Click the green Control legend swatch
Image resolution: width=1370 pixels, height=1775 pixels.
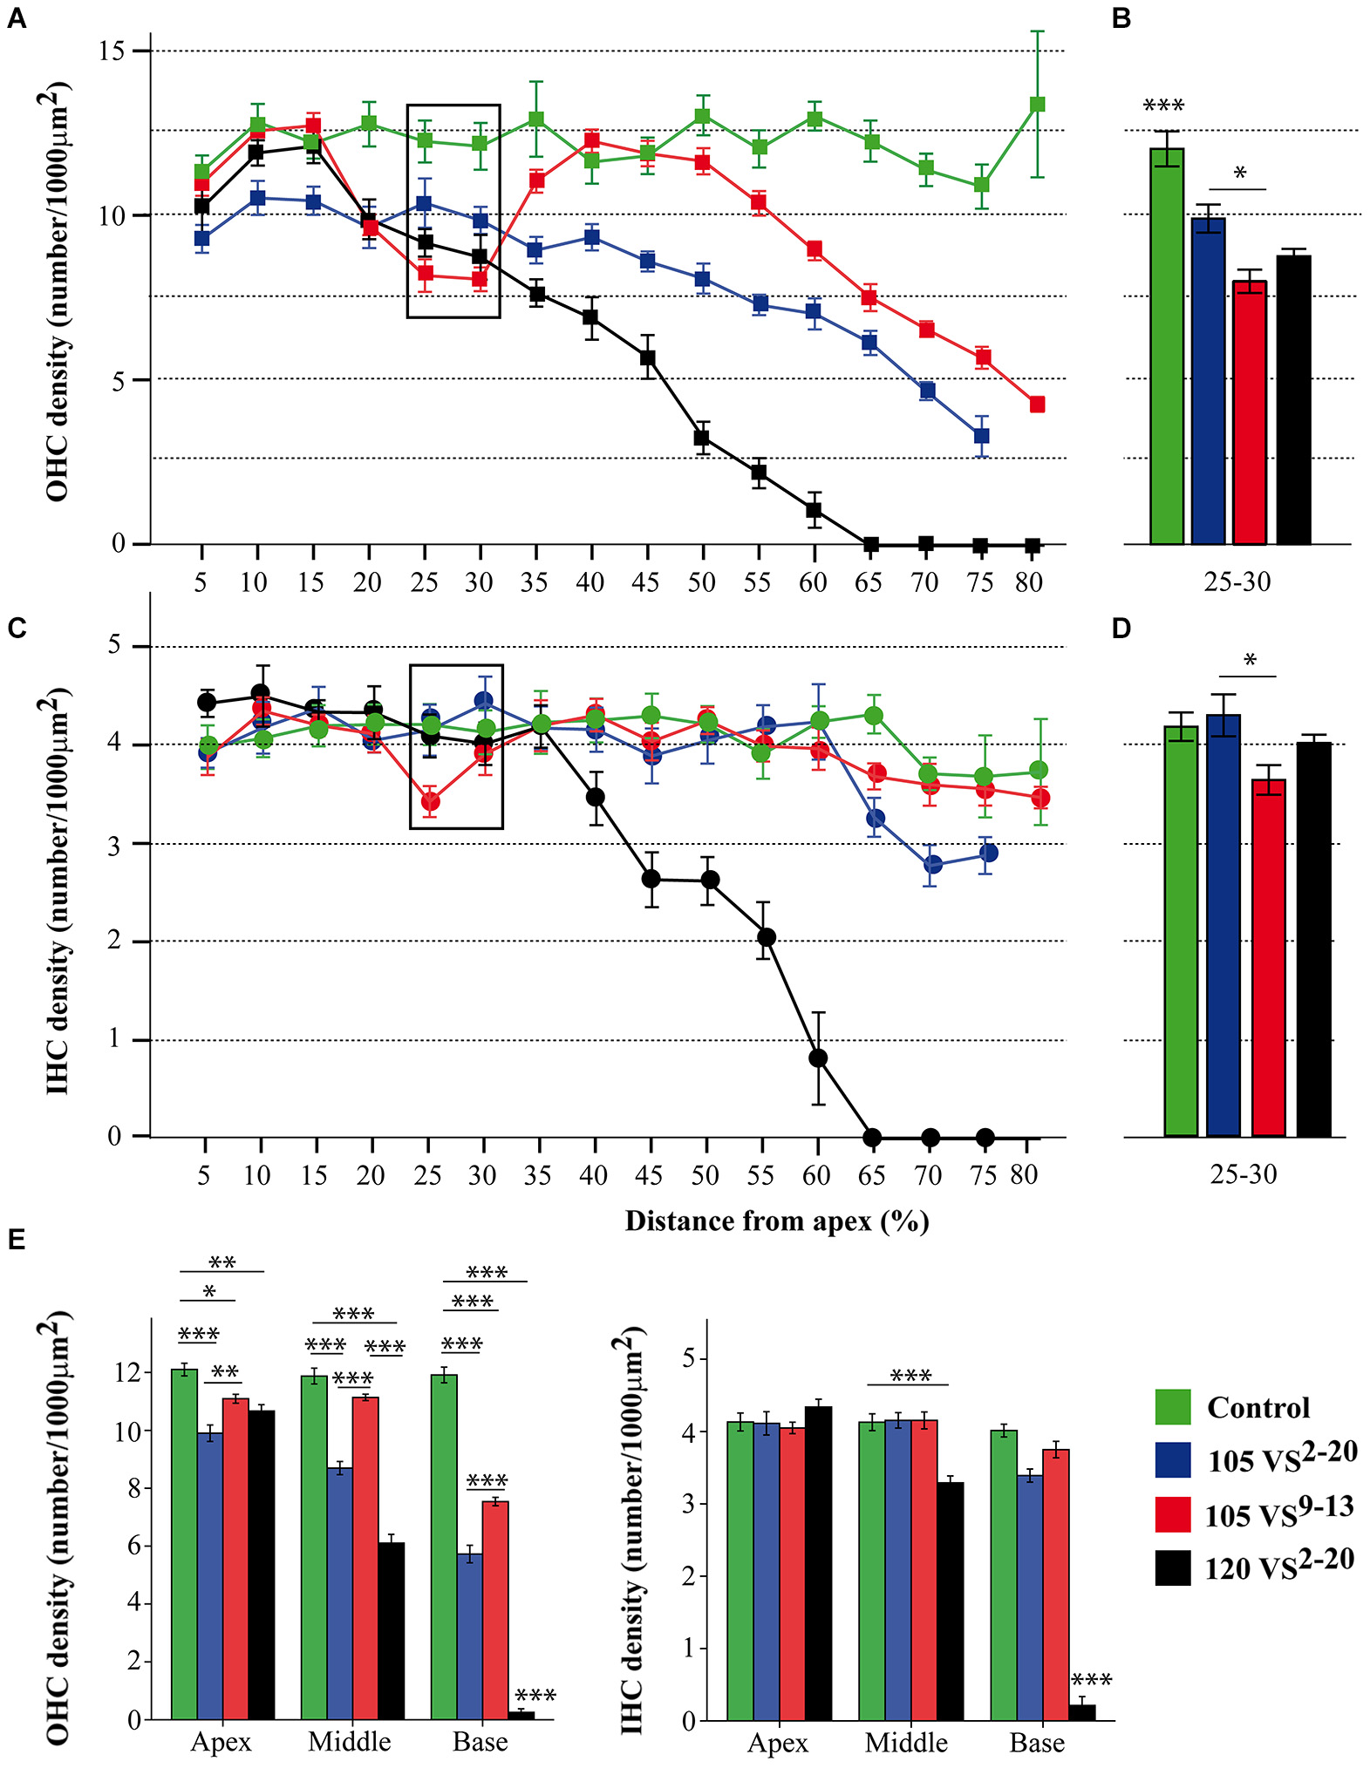tap(1173, 1407)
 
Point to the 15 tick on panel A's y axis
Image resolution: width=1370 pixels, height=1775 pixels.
tap(112, 51)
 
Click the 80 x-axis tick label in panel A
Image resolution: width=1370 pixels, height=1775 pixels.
tap(1029, 582)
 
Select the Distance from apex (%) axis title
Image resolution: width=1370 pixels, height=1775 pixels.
tap(776, 1221)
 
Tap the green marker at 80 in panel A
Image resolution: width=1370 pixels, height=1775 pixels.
tap(1037, 105)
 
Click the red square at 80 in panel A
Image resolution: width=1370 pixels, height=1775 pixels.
tap(1037, 405)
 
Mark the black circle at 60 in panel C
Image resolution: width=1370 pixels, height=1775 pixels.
tap(818, 1058)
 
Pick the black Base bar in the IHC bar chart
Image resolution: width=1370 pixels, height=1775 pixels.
tap(1082, 1712)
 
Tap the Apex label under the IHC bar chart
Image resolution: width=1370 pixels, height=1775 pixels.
tap(778, 1743)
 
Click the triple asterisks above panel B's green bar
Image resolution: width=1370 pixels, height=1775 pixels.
tap(1163, 106)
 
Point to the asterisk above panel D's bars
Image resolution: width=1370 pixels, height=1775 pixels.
tap(1250, 661)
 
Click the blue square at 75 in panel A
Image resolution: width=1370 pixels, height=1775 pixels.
tap(981, 436)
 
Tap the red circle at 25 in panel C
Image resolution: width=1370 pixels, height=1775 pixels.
tap(429, 801)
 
